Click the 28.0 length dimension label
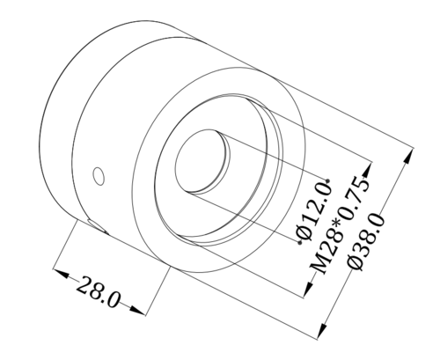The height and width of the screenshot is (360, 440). (x=98, y=292)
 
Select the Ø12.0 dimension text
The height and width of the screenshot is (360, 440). (x=314, y=212)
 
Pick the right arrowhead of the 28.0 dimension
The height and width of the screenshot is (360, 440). (x=136, y=311)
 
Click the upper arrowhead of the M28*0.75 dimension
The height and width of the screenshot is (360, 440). (x=368, y=170)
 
